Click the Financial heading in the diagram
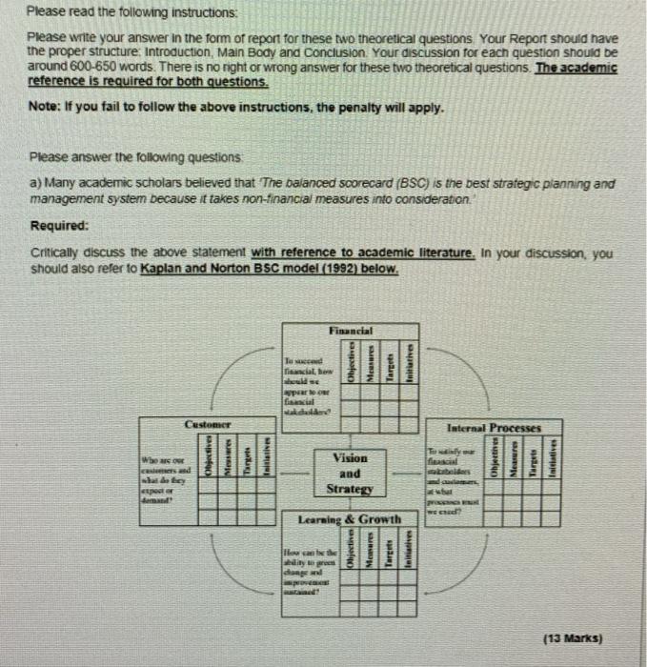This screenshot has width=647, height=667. click(x=351, y=330)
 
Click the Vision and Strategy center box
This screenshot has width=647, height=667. click(x=350, y=473)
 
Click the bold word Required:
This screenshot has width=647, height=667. click(x=60, y=226)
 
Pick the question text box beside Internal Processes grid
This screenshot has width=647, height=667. click(x=455, y=474)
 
